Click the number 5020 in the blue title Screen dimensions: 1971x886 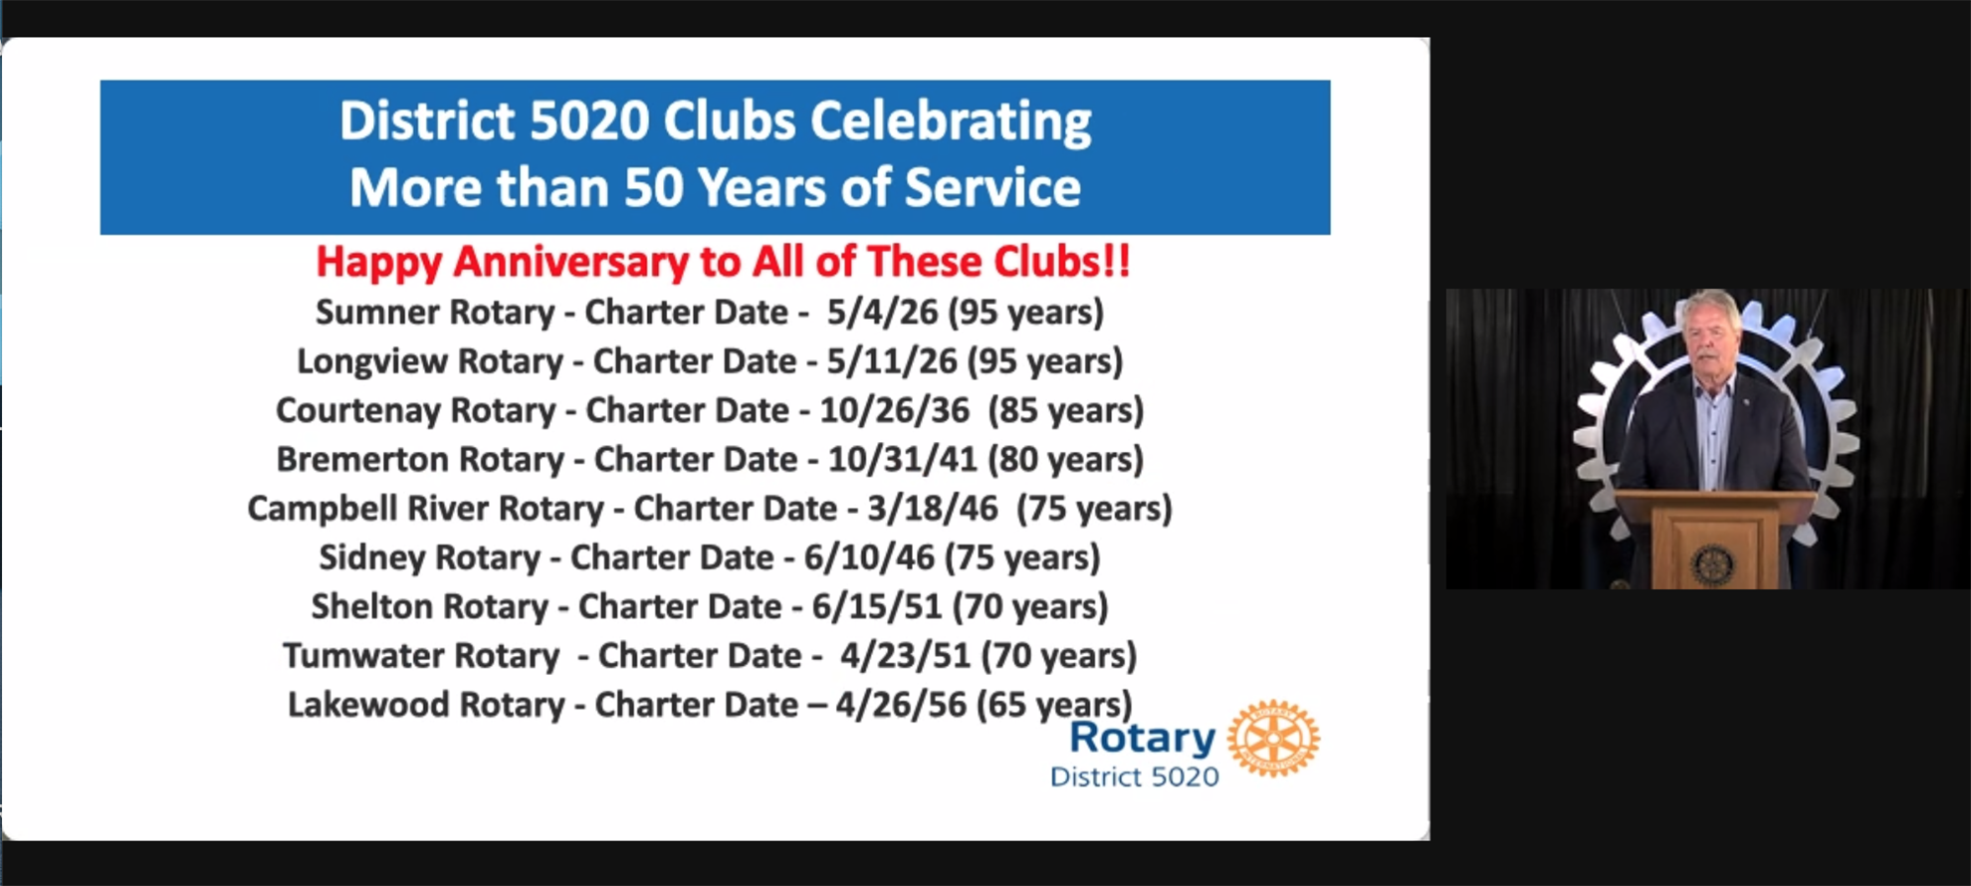[x=589, y=121]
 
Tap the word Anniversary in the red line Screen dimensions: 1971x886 [x=571, y=263]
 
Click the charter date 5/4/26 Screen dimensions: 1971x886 [x=882, y=312]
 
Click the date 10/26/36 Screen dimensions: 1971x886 [x=894, y=410]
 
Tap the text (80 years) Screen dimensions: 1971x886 [x=1065, y=460]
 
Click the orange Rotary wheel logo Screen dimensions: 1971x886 [x=1273, y=738]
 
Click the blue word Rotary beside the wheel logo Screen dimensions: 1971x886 [x=1142, y=739]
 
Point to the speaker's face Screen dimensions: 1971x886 [x=1709, y=337]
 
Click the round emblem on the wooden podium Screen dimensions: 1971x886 [x=1712, y=564]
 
